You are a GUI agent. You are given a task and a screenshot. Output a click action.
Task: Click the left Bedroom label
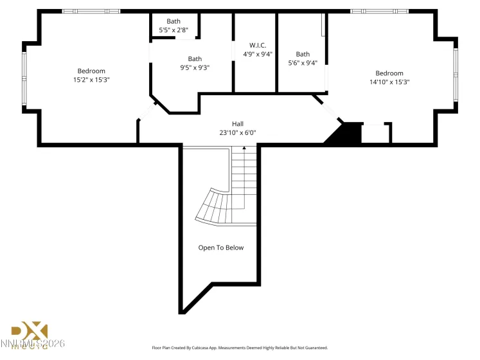click(x=91, y=71)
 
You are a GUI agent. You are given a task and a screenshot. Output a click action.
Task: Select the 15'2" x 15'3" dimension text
click(x=91, y=80)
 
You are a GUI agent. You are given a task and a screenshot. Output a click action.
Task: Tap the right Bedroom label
click(x=389, y=73)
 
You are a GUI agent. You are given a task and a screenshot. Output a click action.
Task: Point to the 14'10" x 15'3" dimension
click(x=389, y=82)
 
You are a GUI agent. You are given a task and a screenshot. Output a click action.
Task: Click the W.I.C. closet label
click(x=258, y=45)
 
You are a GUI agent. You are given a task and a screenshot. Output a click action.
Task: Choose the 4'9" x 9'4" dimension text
click(x=258, y=54)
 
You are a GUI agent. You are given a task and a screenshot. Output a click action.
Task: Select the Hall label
click(x=238, y=123)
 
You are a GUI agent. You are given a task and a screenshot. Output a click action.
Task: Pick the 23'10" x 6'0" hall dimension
click(x=238, y=132)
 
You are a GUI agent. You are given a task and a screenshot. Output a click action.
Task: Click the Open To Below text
click(x=220, y=248)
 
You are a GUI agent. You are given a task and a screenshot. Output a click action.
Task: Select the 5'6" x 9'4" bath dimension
click(x=303, y=63)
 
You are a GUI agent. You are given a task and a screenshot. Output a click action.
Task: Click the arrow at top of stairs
click(x=244, y=150)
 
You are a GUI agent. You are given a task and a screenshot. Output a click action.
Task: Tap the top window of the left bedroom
click(x=91, y=11)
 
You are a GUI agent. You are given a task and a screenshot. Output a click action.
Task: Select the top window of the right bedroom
click(x=379, y=11)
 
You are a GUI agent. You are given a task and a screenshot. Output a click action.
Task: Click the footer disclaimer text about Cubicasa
click(x=239, y=348)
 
